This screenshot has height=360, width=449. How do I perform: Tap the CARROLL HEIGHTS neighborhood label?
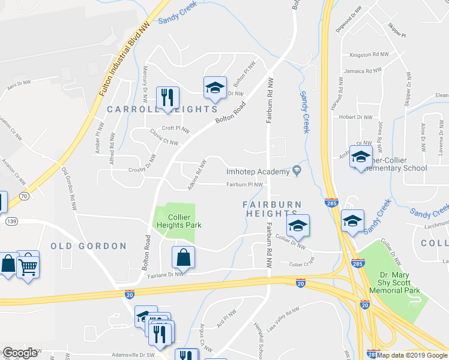[161, 109]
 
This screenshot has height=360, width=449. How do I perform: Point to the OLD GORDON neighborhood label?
[88, 246]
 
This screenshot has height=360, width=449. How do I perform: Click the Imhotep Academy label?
[258, 172]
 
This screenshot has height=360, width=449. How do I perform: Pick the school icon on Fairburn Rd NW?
[297, 226]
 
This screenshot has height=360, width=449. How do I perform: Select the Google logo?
[19, 353]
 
